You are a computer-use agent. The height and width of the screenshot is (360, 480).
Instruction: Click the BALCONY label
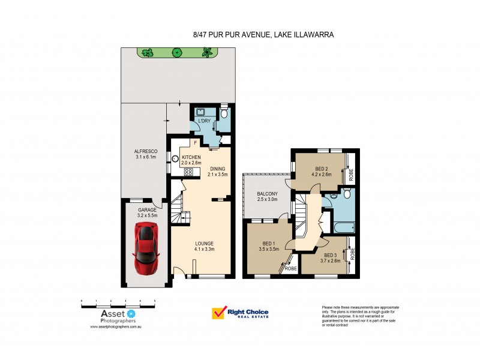pyautogui.click(x=266, y=193)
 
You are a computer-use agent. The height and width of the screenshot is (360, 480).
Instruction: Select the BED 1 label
pyautogui.click(x=268, y=245)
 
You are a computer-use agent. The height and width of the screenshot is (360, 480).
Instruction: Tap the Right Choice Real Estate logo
pyautogui.click(x=240, y=313)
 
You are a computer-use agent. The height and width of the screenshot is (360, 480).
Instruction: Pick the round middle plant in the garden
pyautogui.click(x=177, y=53)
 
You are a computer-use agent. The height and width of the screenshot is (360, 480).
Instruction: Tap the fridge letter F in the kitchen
pyautogui.click(x=196, y=143)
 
